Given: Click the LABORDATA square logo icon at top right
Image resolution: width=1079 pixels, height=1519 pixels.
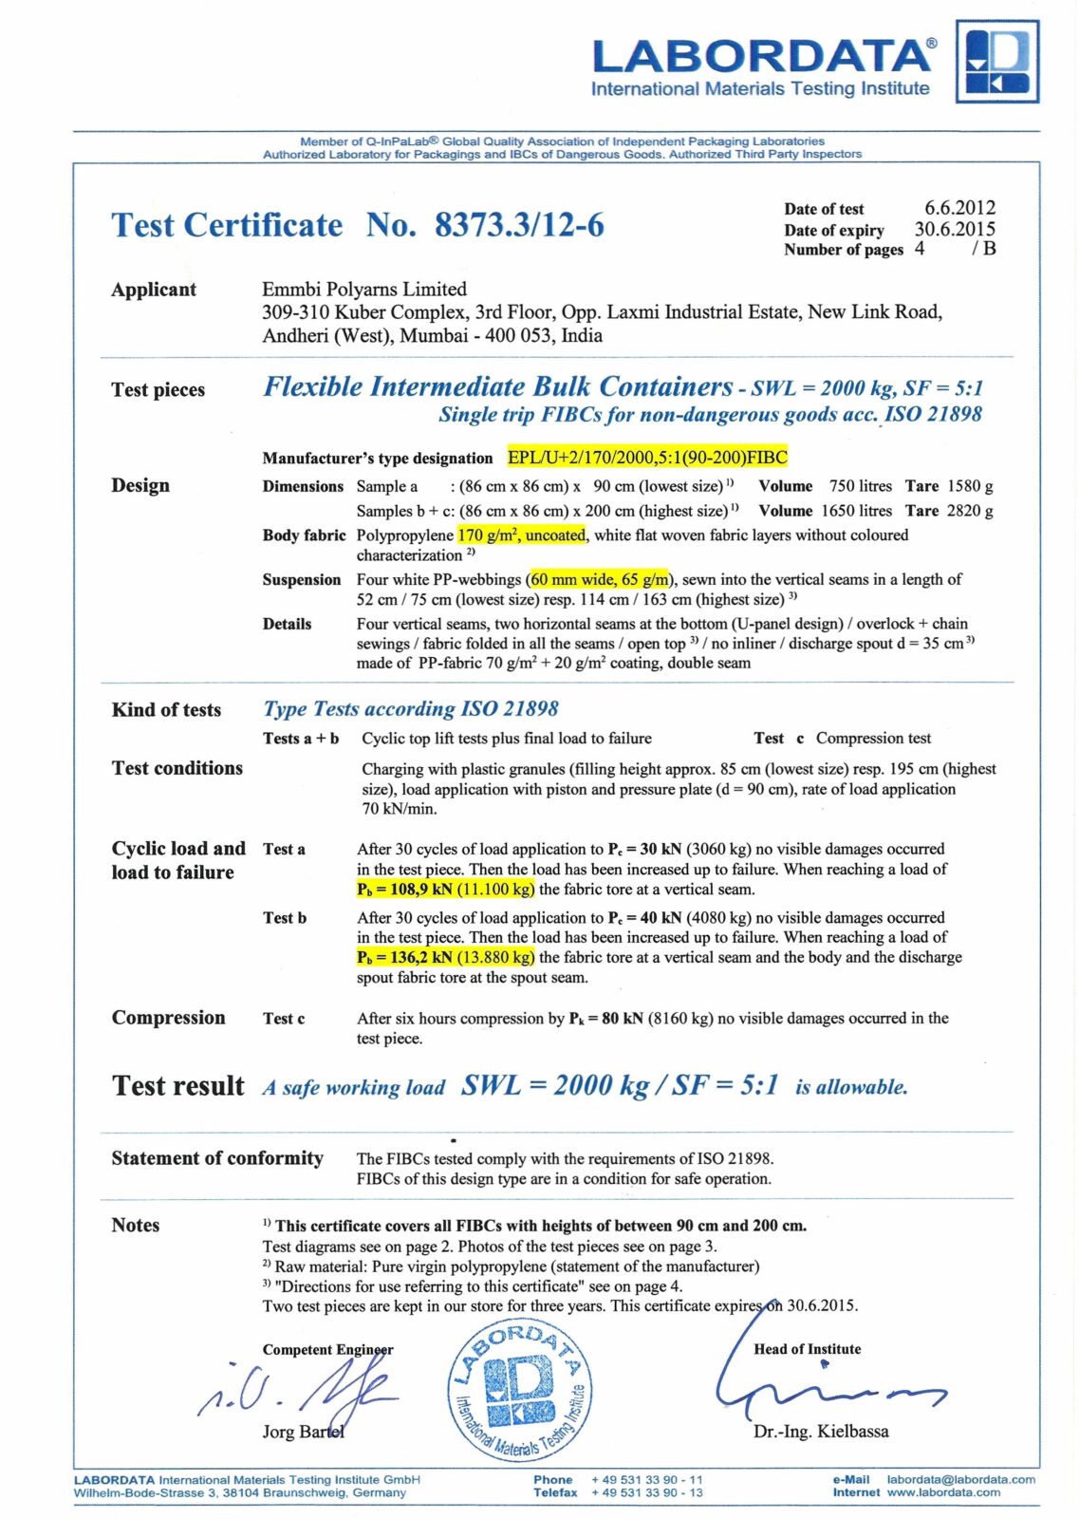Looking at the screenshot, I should (996, 62).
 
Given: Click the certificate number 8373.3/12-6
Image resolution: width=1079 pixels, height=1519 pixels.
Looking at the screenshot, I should (519, 225).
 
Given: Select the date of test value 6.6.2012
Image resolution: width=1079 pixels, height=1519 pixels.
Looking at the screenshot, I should (959, 208).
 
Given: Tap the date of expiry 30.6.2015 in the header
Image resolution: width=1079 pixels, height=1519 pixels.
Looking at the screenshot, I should (955, 229).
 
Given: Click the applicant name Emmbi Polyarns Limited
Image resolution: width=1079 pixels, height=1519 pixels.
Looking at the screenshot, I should (364, 289).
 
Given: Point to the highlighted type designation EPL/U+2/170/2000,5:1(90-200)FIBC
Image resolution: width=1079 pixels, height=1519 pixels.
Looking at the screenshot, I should (647, 458).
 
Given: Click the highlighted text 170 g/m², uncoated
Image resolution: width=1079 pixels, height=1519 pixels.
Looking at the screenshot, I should (521, 535).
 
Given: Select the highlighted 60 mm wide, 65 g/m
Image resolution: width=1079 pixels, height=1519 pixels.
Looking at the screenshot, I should (600, 579).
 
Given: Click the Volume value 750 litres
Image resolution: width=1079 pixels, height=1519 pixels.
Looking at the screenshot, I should (861, 486).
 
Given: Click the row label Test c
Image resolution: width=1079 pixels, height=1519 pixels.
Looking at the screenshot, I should (284, 1019).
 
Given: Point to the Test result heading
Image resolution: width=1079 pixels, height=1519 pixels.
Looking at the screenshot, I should (178, 1086).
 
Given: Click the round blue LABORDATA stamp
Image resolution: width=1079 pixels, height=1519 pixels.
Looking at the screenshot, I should (520, 1391).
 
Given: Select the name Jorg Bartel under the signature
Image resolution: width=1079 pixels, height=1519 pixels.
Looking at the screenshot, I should (303, 1432).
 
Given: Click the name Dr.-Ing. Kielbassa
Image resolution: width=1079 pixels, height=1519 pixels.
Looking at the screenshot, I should (821, 1432).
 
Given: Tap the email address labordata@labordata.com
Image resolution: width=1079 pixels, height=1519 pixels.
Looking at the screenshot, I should (960, 1479).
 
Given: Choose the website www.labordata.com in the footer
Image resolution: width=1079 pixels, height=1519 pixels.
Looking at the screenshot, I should (943, 1492).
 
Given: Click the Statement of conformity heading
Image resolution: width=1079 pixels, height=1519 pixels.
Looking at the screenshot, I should (217, 1158).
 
